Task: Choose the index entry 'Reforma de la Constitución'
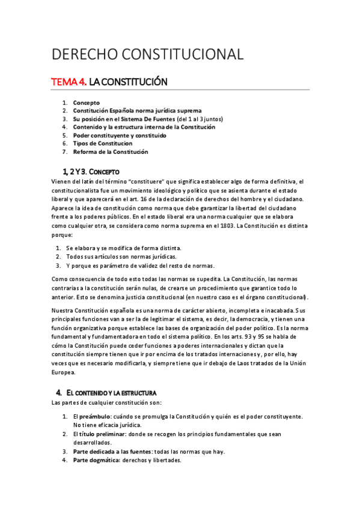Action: point(111,152)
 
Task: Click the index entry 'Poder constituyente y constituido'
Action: point(120,135)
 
